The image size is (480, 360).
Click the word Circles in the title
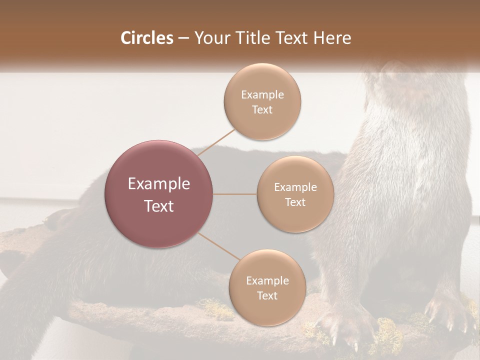click(x=147, y=38)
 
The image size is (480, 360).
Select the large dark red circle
click(x=159, y=194)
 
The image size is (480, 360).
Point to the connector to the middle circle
click(x=235, y=194)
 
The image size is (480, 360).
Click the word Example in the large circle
click(x=159, y=184)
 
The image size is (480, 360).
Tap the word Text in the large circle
click(x=159, y=206)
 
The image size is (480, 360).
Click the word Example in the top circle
click(x=262, y=95)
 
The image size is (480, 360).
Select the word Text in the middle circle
click(x=295, y=202)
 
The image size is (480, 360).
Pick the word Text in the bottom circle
click(x=267, y=296)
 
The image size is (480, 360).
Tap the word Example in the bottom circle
click(x=267, y=281)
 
